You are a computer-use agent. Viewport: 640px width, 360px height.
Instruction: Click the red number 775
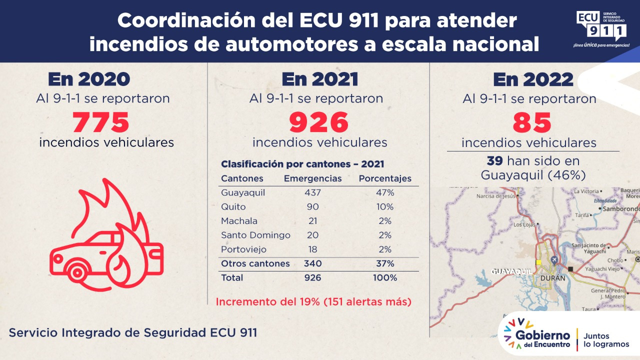tap(101, 121)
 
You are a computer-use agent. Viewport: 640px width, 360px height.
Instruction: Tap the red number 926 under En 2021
tap(318, 122)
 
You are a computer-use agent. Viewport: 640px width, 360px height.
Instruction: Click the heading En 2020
tap(89, 80)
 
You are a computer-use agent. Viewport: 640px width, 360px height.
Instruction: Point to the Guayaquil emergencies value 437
tap(312, 193)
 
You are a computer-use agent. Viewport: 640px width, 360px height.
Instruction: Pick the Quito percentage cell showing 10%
tap(385, 207)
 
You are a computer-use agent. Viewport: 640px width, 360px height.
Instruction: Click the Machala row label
tap(239, 221)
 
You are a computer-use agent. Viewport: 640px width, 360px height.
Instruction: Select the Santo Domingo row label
tap(255, 235)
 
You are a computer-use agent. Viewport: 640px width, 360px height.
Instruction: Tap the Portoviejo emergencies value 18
tap(312, 249)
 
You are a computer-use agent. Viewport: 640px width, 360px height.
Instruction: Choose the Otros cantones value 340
tap(312, 263)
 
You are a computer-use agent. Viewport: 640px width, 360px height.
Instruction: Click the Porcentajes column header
tap(385, 178)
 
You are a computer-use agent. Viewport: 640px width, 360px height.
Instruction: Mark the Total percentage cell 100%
tap(385, 277)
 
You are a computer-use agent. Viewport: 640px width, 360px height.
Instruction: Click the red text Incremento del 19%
tap(313, 302)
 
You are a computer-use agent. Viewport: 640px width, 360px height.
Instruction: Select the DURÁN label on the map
tap(552, 278)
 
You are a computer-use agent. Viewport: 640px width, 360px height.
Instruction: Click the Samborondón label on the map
tap(620, 208)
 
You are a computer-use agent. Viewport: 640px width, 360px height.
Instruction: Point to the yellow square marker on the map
tap(538, 262)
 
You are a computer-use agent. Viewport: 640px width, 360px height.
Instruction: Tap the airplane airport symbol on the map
tap(554, 260)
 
